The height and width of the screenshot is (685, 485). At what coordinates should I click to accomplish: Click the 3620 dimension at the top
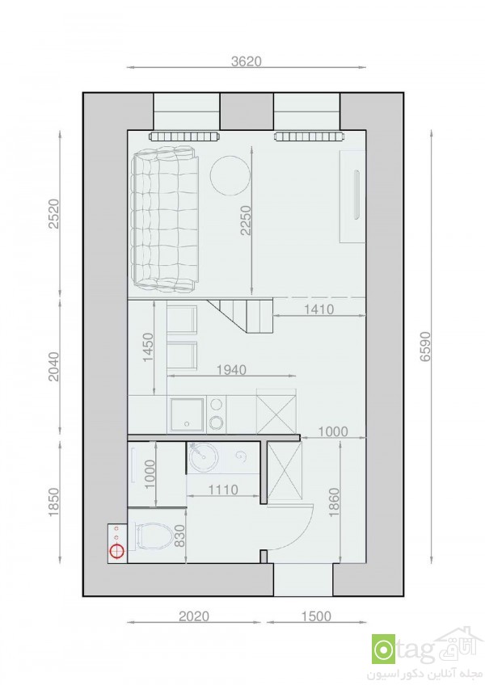click(x=247, y=61)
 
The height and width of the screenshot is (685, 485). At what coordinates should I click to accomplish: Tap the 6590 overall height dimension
click(x=425, y=347)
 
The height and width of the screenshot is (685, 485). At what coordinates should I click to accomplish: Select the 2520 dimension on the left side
click(x=54, y=213)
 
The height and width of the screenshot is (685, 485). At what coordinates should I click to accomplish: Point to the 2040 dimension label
click(x=54, y=367)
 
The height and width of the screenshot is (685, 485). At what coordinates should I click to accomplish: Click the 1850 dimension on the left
click(x=54, y=502)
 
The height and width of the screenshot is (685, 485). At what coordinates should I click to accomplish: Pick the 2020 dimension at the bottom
click(x=194, y=616)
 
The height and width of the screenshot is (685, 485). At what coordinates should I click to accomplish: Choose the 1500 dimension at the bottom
click(x=316, y=616)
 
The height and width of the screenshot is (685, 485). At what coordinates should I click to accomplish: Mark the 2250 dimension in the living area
click(x=246, y=221)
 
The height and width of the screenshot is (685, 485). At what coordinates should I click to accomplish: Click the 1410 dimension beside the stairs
click(x=318, y=309)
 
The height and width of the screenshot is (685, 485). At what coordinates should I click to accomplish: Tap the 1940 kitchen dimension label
click(x=231, y=370)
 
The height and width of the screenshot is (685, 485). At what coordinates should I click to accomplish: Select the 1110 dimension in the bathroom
click(x=223, y=490)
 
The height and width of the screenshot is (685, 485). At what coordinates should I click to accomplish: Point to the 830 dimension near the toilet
click(x=179, y=536)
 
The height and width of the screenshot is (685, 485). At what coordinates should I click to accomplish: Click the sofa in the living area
click(x=166, y=219)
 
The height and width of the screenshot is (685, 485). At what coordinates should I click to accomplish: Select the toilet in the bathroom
click(x=154, y=536)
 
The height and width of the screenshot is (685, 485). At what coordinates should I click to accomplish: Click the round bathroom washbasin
click(x=204, y=456)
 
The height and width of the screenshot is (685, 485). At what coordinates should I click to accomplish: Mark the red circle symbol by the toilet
click(x=116, y=552)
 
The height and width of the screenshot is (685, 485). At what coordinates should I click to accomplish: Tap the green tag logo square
click(x=383, y=649)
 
